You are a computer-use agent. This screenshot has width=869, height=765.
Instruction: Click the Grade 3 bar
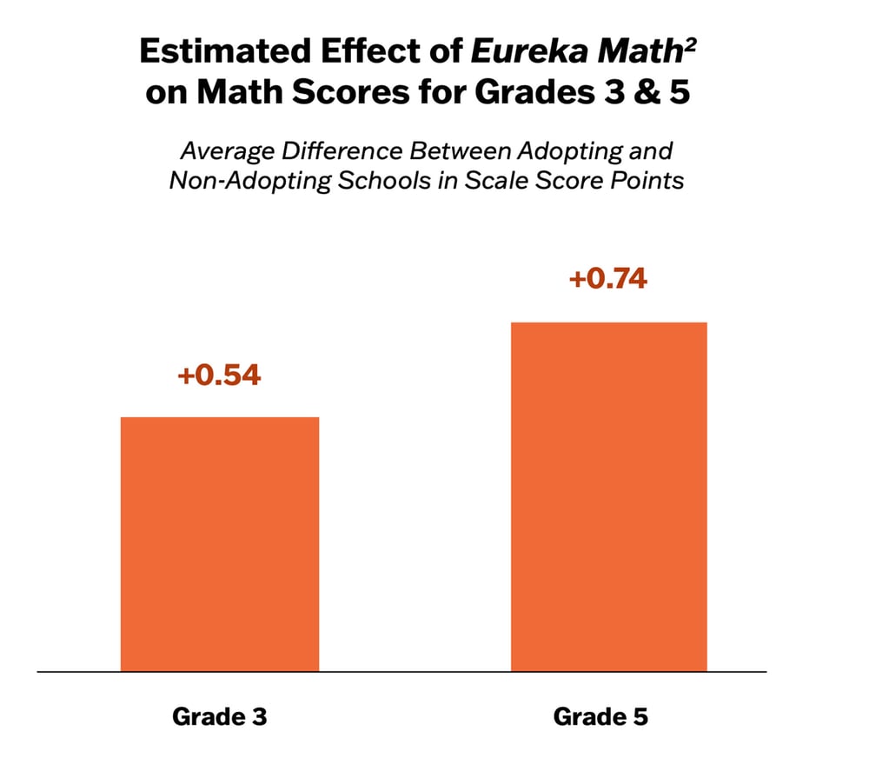(x=220, y=543)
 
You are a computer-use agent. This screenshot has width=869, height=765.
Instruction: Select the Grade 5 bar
(x=608, y=496)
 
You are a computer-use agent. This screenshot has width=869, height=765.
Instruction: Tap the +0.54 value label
(x=219, y=376)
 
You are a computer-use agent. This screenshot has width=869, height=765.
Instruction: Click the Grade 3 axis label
(x=219, y=717)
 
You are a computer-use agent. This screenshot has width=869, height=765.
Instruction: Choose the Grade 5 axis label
(x=600, y=717)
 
